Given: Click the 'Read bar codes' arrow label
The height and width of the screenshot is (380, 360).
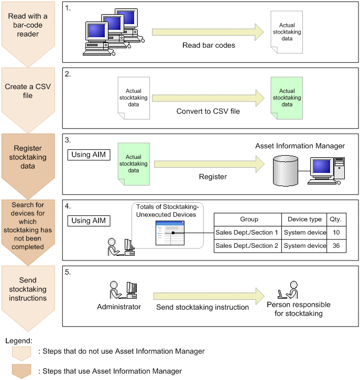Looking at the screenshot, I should click(209, 45).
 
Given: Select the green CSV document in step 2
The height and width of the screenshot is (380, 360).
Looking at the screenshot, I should click(287, 97).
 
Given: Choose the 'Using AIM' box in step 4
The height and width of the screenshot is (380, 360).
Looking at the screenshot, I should click(89, 221).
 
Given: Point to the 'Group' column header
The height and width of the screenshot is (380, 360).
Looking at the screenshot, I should click(247, 220).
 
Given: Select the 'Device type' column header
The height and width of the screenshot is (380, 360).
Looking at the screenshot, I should click(305, 220).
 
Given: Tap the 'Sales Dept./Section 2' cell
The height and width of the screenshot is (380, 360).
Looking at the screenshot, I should click(247, 246).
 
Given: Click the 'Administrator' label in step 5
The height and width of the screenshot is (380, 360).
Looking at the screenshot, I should click(119, 307).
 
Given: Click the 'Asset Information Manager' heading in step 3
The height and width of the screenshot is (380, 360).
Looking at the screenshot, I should click(300, 146).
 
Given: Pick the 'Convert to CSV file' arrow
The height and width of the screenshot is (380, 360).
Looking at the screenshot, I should click(208, 98).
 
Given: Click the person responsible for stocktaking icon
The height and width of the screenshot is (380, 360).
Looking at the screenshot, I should click(288, 291).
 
